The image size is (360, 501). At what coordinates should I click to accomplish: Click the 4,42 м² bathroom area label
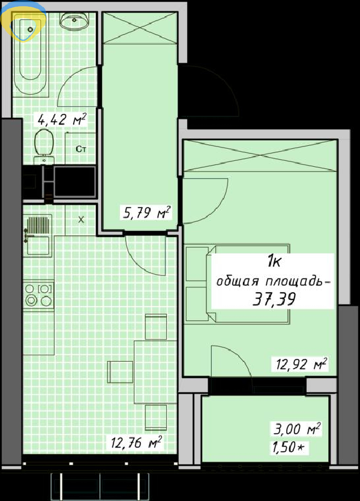pos(62,120)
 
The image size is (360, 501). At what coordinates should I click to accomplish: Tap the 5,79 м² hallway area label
pos(146,212)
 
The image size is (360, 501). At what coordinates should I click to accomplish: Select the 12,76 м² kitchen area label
pos(136,443)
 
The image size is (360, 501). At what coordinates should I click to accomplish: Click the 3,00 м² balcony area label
pos(297,428)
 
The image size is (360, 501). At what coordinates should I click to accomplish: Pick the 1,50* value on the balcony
pos(288,447)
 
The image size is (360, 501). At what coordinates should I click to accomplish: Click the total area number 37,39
pos(274,299)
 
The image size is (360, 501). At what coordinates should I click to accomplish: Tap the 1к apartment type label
pos(274,263)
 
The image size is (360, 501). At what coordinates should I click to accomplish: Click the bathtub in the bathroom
pos(31,55)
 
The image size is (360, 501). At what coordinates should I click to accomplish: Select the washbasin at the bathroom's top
pos(74,22)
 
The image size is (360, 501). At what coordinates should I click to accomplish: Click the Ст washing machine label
pos(81,149)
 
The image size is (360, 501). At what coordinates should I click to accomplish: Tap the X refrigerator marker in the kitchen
pos(81,220)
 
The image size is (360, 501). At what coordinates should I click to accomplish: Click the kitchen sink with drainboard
pos(38,235)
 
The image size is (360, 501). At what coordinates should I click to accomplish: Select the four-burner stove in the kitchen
pos(38,295)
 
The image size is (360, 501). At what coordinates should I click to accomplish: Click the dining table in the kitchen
pos(155,371)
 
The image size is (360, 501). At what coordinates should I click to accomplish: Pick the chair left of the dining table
pos(120,371)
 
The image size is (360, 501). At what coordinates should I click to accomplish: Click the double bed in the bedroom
pos(238,284)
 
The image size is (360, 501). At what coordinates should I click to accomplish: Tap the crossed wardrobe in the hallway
pos(140,28)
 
